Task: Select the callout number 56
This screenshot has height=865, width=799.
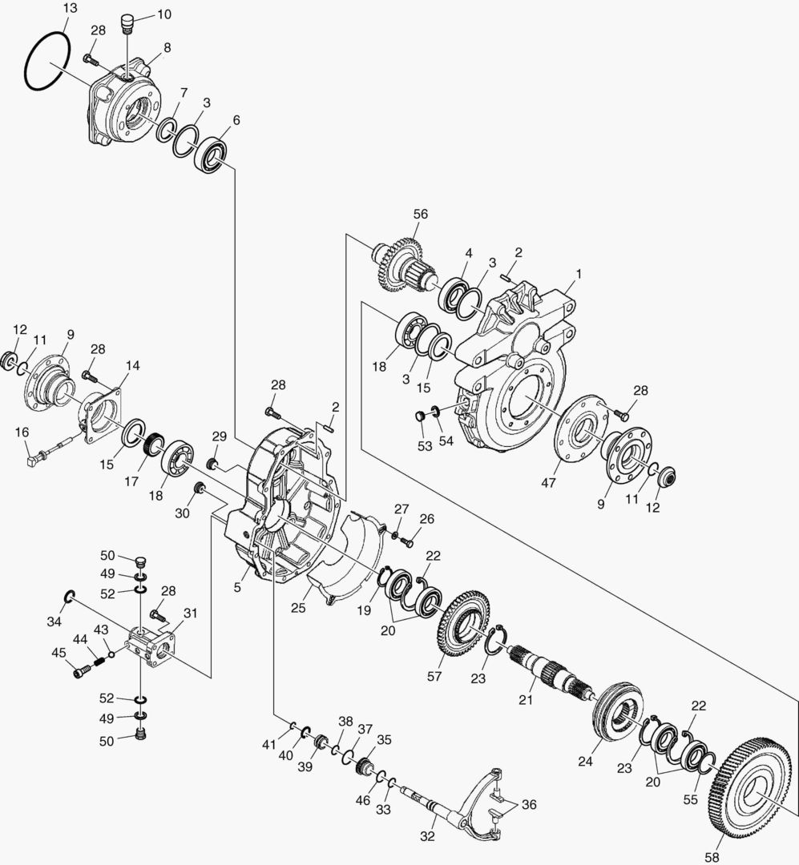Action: pyautogui.click(x=421, y=214)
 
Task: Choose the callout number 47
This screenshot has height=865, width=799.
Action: pyautogui.click(x=548, y=484)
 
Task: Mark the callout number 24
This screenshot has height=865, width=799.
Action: pyautogui.click(x=586, y=762)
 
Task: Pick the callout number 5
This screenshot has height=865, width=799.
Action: pyautogui.click(x=238, y=587)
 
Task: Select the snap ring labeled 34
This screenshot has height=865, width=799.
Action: pyautogui.click(x=70, y=596)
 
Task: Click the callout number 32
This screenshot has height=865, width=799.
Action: pyautogui.click(x=428, y=837)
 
